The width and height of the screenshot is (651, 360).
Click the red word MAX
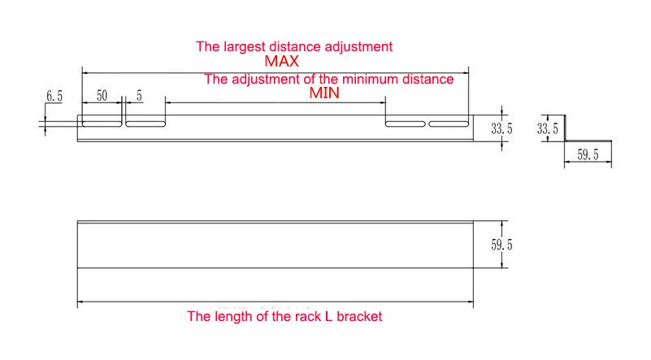pyautogui.click(x=281, y=62)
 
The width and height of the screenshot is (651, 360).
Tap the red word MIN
pyautogui.click(x=324, y=93)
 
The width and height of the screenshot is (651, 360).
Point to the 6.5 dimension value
pyautogui.click(x=54, y=96)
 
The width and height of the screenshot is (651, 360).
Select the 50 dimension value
pyautogui.click(x=102, y=96)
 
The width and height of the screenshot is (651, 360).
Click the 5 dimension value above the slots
pyautogui.click(x=139, y=96)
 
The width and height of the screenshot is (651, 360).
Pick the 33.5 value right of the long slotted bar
pyautogui.click(x=501, y=128)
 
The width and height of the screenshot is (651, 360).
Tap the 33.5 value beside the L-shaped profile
pyautogui.click(x=548, y=128)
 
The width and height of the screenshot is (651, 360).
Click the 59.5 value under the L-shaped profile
pyautogui.click(x=588, y=155)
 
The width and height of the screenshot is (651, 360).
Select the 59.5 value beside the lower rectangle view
pyautogui.click(x=501, y=245)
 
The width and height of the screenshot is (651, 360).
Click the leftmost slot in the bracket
pyautogui.click(x=102, y=124)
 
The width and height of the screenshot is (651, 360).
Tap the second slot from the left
pyautogui.click(x=145, y=124)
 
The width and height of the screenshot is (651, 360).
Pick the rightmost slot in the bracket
pyautogui.click(x=449, y=124)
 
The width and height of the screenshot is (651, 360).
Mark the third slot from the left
pyautogui.click(x=406, y=124)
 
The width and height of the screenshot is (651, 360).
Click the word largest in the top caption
pyautogui.click(x=242, y=47)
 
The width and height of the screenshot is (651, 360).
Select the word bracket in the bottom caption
pyautogui.click(x=359, y=316)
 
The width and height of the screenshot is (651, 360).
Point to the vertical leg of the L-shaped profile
pyautogui.click(x=565, y=128)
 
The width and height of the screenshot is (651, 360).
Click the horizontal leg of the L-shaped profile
pyautogui.click(x=588, y=141)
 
